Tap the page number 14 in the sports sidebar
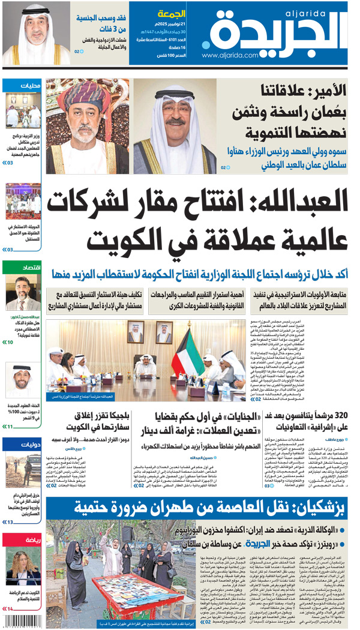point(10,609)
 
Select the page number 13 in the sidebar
point(10,522)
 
